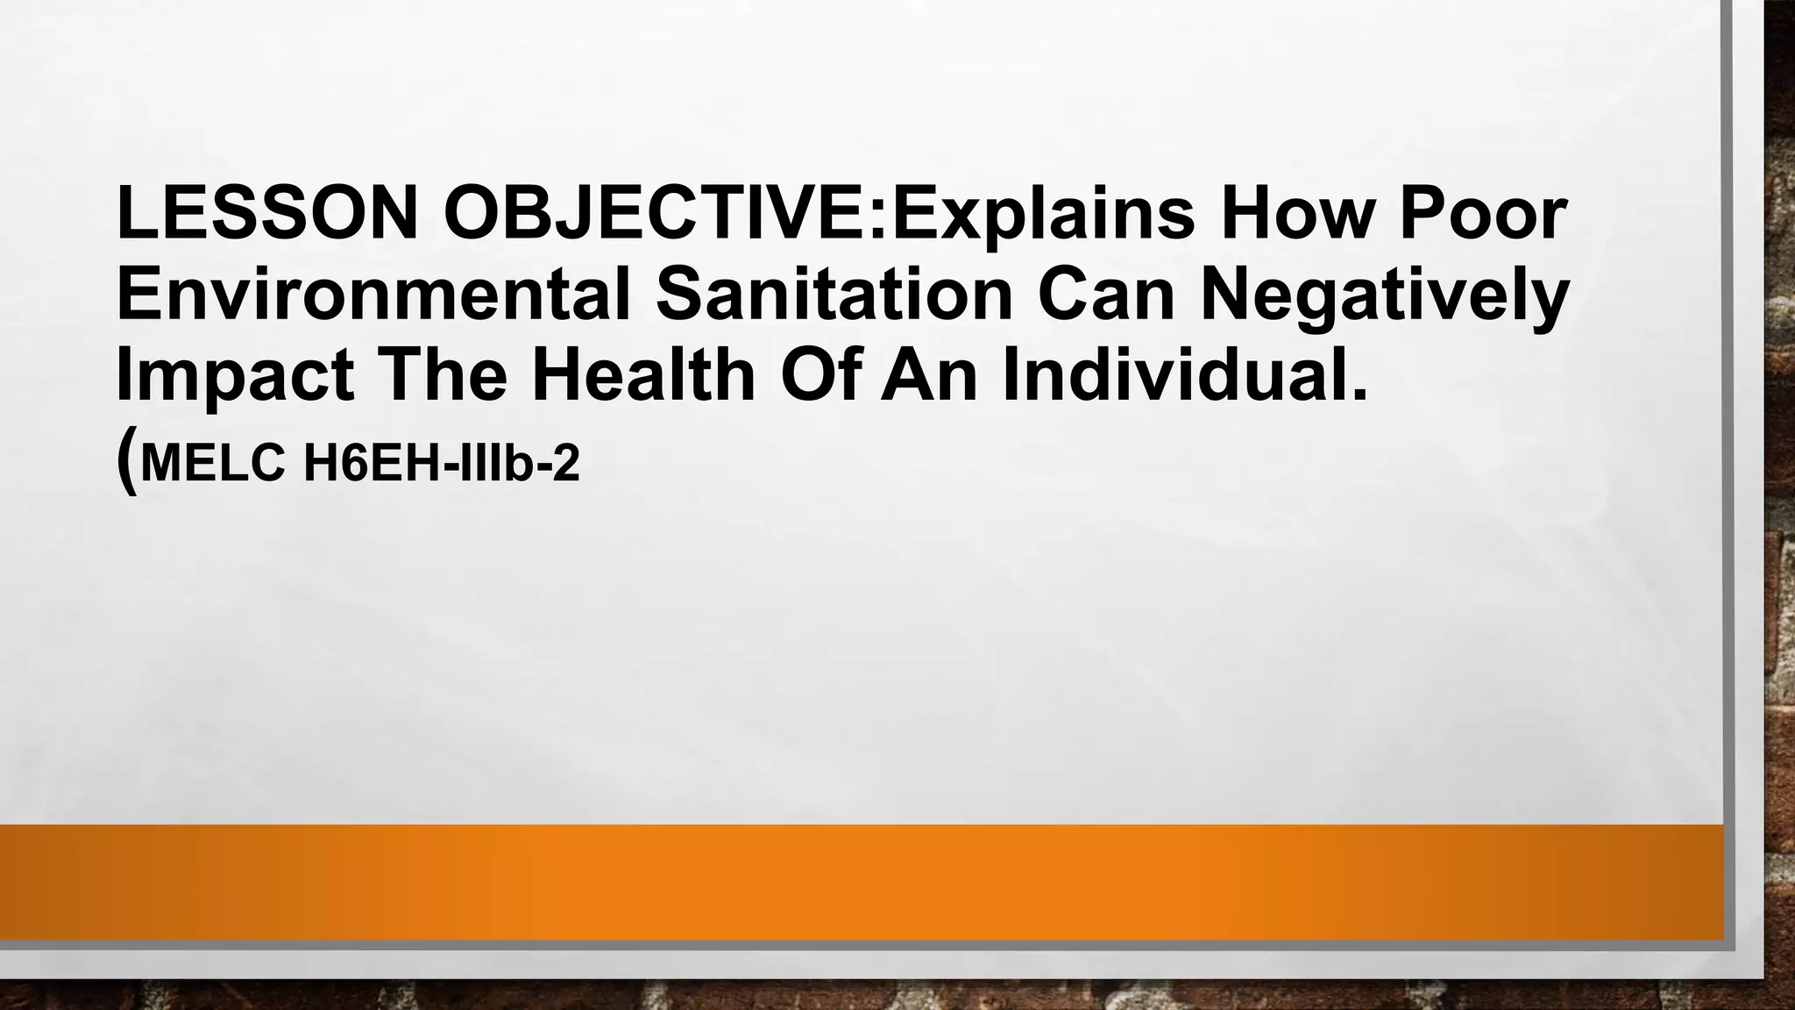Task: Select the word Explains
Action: point(1043,215)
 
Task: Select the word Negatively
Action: point(1384,298)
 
